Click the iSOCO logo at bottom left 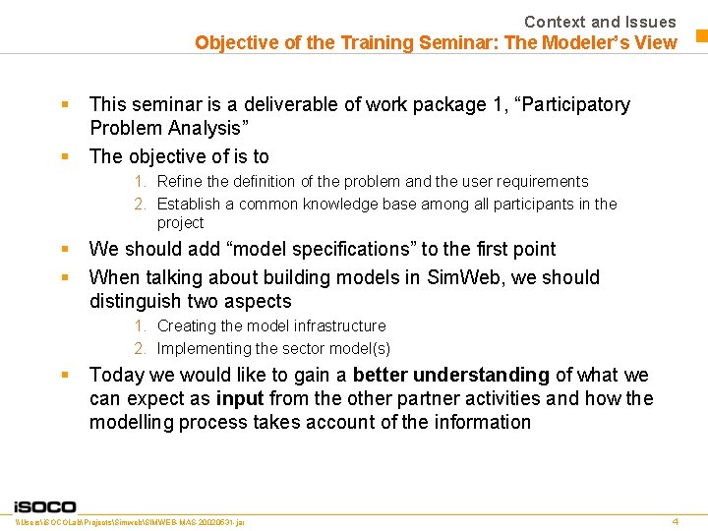coord(44,506)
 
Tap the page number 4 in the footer coord(676,520)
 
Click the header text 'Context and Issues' coord(600,22)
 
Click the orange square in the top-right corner coord(702,37)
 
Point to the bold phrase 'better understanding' coord(450,375)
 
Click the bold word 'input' coord(240,398)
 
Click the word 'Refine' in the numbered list coord(180,181)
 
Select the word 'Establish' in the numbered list coord(189,204)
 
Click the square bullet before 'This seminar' coord(64,103)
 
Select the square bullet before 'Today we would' coord(64,375)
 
